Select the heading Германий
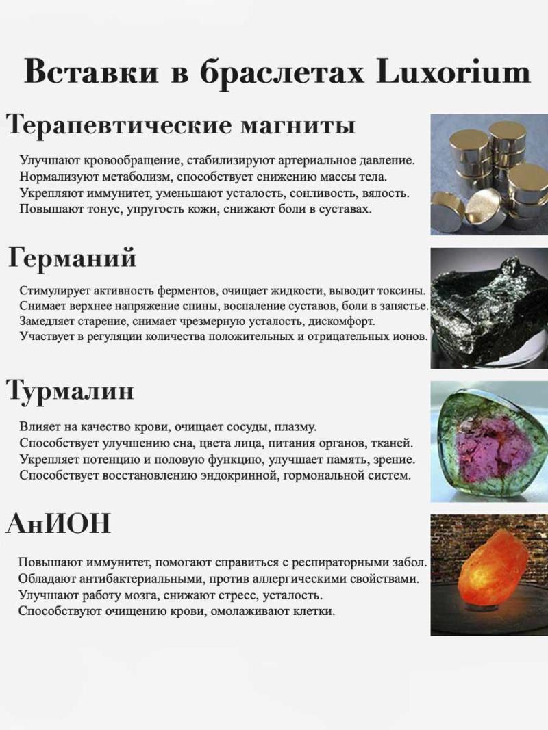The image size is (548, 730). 73,259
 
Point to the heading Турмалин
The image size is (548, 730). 70,391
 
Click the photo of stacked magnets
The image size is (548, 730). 489,174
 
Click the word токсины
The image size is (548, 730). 402,291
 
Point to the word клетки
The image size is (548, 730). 314,611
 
